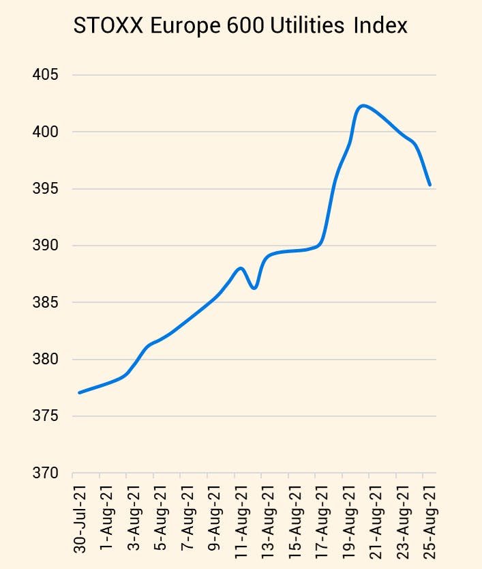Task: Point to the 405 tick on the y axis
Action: tap(46, 75)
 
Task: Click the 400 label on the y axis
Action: tap(46, 132)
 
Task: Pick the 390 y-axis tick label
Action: tap(46, 246)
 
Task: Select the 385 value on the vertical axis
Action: tap(46, 302)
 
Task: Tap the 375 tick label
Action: tap(46, 416)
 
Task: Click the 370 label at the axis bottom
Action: tap(46, 473)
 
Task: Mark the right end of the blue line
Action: tap(430, 185)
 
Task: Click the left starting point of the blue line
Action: tap(80, 392)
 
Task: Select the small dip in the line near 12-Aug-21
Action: tap(254, 288)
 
